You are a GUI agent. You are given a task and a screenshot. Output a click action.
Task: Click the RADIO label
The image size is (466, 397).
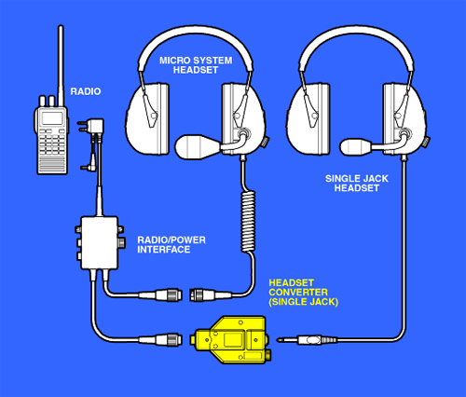point(86,91)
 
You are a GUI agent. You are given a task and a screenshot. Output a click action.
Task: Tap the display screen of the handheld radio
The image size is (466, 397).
point(52,118)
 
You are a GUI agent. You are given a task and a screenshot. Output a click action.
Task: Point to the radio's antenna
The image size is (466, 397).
point(61,66)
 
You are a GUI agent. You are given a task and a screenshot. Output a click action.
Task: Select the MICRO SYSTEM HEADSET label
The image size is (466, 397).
point(196,65)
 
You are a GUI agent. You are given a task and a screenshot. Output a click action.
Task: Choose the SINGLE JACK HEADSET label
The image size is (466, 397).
point(357,183)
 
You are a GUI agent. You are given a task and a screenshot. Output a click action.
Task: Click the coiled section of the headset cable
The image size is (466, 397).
point(248,222)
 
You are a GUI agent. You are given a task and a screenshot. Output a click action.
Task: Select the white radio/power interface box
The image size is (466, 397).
point(100,242)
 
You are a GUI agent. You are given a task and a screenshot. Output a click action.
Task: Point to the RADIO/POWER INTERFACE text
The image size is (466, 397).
point(171,244)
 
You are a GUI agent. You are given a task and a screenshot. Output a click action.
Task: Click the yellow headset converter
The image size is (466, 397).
point(231,340)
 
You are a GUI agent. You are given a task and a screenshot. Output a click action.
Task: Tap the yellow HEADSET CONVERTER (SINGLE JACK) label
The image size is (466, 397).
point(303,293)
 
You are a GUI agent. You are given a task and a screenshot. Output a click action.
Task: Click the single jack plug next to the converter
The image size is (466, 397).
point(308,340)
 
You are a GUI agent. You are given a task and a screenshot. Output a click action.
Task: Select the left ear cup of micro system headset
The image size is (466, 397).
point(147,119)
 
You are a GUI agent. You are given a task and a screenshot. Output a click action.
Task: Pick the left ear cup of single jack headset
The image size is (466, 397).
point(308,119)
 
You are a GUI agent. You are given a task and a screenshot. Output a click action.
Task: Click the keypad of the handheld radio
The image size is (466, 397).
point(52,143)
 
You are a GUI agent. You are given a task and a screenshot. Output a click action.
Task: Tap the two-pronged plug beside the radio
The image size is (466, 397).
point(90,127)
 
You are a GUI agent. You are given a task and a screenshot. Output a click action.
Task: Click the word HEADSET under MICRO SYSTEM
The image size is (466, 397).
point(196,70)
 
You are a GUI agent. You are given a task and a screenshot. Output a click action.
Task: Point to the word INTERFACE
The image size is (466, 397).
point(164,250)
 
